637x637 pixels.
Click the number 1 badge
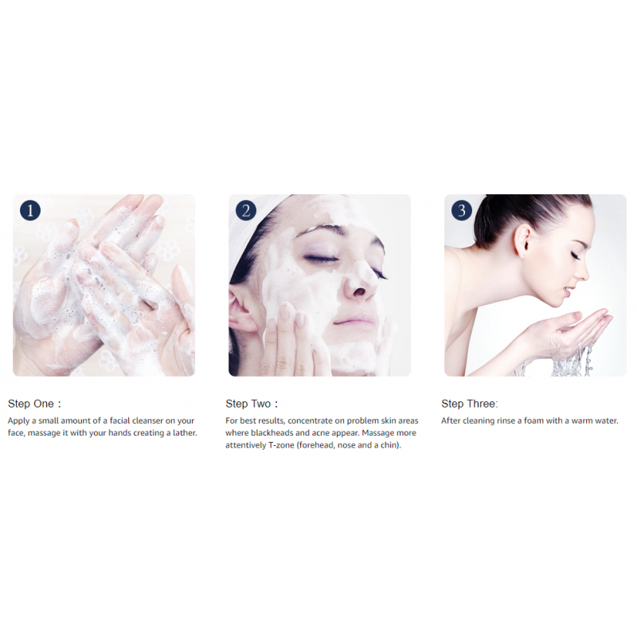[x=30, y=210]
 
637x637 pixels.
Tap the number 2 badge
[x=246, y=210]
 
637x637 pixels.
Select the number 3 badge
[x=462, y=210]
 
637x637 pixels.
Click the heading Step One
[x=34, y=404]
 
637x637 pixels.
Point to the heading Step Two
[x=252, y=404]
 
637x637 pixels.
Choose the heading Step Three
[x=469, y=404]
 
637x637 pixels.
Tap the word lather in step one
[x=185, y=433]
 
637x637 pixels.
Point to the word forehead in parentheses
[x=315, y=445]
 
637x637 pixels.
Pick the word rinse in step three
[x=506, y=421]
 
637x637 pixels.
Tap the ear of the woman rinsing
[x=523, y=241]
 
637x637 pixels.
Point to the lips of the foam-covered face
[x=354, y=320]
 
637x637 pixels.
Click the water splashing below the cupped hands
[x=569, y=361]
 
